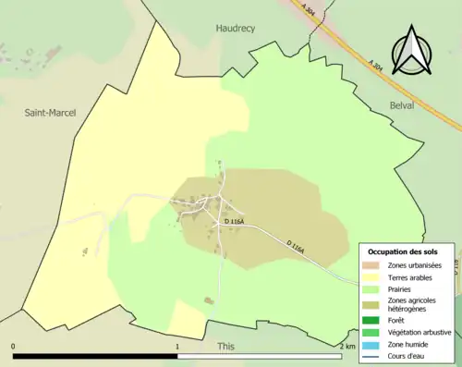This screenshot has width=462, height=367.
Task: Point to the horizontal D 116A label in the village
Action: point(234,222)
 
